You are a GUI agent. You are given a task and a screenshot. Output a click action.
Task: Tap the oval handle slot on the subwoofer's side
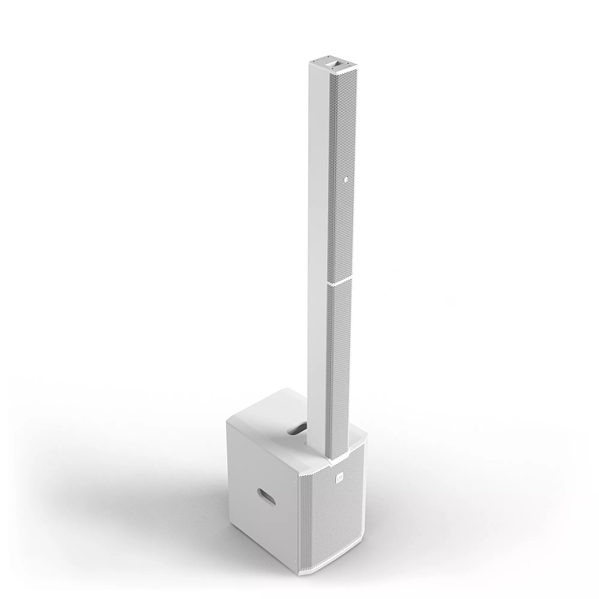point(268,497)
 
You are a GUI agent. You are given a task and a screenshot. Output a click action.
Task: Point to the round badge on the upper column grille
point(345,180)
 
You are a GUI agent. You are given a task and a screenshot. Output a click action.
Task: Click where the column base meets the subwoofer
point(331,454)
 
